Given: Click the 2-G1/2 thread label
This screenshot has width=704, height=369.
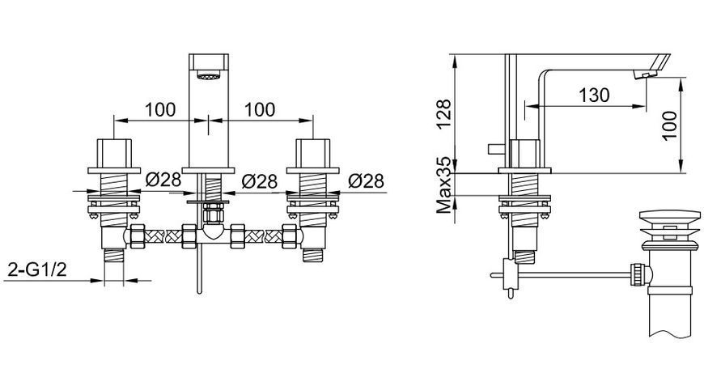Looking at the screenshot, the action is tap(37, 269).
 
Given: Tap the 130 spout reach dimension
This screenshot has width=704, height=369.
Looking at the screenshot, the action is tap(594, 95).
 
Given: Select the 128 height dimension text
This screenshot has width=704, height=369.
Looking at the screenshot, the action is tap(444, 114).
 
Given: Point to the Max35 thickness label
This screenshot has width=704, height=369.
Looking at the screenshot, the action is tap(444, 185).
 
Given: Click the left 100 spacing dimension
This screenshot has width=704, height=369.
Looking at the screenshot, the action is tap(160, 109).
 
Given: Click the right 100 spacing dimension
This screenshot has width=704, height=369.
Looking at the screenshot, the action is tap(260, 109).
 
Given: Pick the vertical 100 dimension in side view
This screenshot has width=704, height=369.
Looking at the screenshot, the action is tap(669, 125).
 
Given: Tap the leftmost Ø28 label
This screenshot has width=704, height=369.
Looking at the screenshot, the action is tap(163, 180).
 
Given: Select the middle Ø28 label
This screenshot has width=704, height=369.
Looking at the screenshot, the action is tap(260, 181).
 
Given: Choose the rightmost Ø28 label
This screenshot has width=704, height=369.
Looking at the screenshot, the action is tap(367, 180).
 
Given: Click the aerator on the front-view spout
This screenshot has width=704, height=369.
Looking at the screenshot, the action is tap(208, 76).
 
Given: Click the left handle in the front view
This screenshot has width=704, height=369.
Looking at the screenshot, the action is tap(114, 153).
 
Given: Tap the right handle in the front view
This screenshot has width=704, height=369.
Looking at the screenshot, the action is tap(313, 153).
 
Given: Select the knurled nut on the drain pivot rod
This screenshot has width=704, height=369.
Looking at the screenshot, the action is tap(637, 274).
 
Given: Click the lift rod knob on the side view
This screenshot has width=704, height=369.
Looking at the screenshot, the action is tap(496, 149).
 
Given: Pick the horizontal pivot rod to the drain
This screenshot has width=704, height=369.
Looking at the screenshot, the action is tap(575, 274).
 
